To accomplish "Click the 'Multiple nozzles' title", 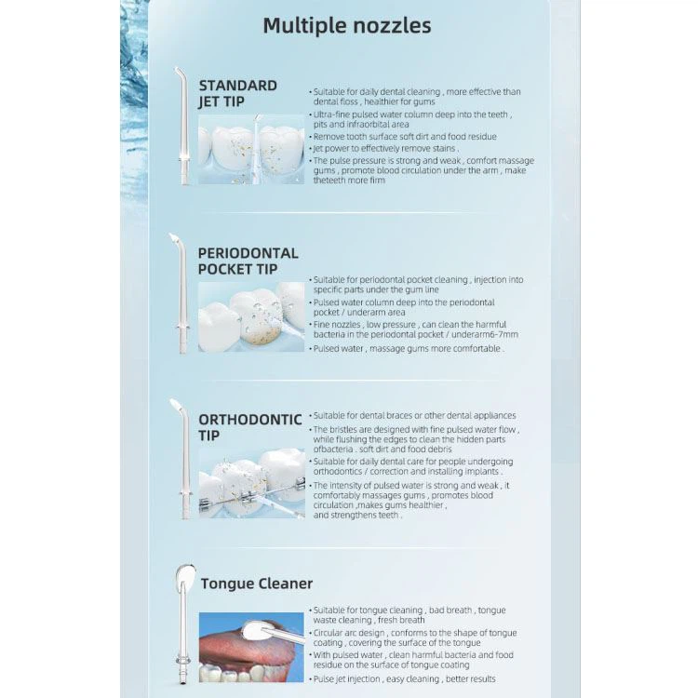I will click(x=346, y=26).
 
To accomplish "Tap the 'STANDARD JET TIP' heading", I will click(x=237, y=93).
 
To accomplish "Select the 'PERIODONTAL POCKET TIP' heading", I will click(x=248, y=261).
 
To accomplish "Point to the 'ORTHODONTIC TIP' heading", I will click(x=249, y=427).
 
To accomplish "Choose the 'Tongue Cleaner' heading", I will click(x=257, y=584).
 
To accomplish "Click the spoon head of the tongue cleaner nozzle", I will click(x=183, y=580).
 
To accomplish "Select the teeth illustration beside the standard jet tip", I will click(x=251, y=149).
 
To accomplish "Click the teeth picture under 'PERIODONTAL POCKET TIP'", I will click(x=251, y=316).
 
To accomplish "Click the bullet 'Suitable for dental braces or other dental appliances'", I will click(x=414, y=416).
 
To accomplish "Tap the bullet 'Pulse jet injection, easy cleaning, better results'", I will click(x=405, y=679).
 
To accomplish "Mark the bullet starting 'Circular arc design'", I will click(x=414, y=638).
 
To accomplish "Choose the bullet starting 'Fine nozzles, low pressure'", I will click(x=416, y=329).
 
